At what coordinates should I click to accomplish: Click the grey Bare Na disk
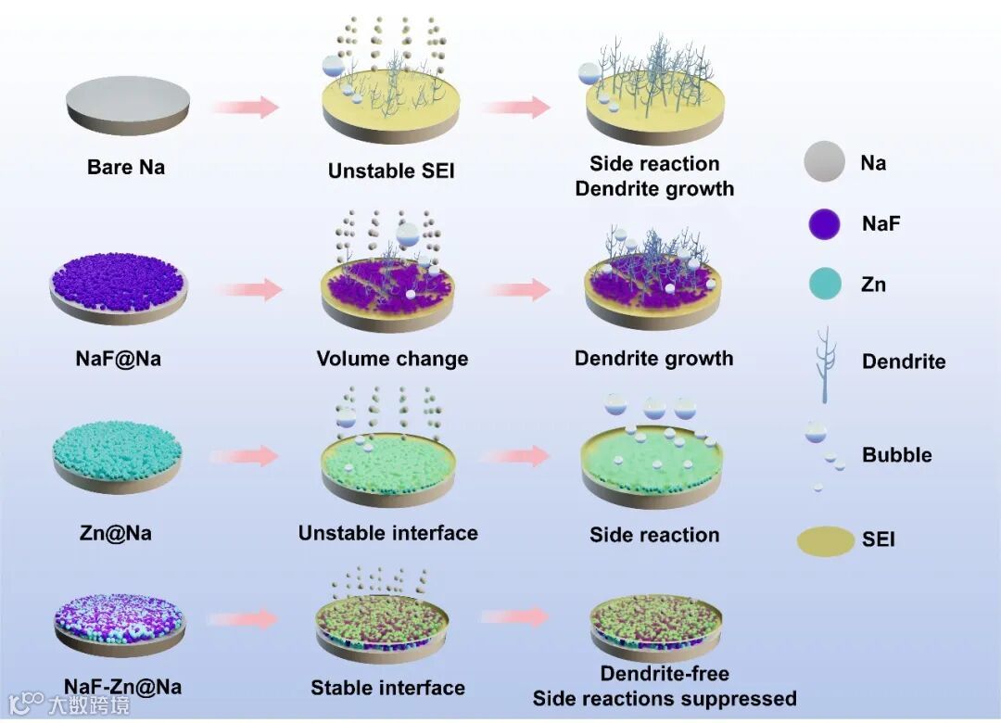[x=128, y=104]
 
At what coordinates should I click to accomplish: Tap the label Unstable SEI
[x=391, y=171]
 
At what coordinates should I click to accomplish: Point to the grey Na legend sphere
[x=824, y=163]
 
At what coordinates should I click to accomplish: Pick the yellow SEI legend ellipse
[x=826, y=540]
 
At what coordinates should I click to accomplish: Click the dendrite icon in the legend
[x=823, y=363]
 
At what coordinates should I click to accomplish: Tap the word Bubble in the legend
[x=896, y=455]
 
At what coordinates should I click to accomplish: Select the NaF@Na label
[x=118, y=358]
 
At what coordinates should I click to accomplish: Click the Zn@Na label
[x=116, y=533]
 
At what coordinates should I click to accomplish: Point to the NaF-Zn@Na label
[x=123, y=687]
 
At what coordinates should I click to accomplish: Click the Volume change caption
[x=392, y=359]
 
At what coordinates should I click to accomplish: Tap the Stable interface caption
[x=387, y=688]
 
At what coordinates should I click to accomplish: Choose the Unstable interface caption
[x=387, y=533]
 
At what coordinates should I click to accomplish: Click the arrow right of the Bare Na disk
[x=245, y=107]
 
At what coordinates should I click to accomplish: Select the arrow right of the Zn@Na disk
[x=245, y=456]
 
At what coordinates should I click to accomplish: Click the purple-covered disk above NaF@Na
[x=118, y=287]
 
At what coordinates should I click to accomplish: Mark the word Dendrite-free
[x=665, y=674]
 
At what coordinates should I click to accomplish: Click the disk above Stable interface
[x=383, y=626]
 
